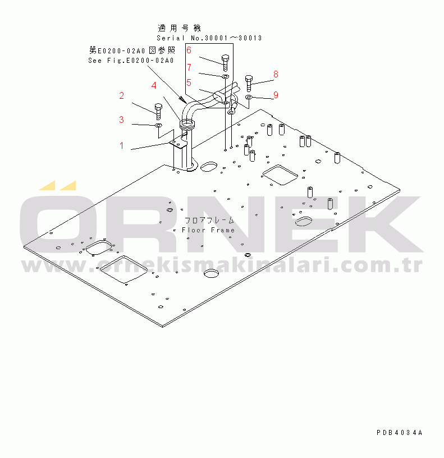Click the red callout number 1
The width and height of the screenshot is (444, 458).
tap(121, 145)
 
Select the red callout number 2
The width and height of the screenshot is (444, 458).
tap(121, 95)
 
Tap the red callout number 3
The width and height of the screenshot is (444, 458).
tap(121, 120)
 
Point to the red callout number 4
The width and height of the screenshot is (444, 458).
tap(154, 85)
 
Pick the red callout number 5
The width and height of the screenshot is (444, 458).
tap(189, 83)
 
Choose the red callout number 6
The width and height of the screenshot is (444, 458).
tap(189, 51)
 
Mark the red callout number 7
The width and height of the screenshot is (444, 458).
tap(189, 67)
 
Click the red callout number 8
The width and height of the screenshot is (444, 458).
tap(276, 75)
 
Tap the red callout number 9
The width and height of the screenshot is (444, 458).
tap(276, 95)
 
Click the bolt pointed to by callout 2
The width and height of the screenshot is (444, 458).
tap(158, 111)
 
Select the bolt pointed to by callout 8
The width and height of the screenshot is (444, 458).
tap(249, 83)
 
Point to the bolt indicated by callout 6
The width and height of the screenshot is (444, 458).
tap(225, 63)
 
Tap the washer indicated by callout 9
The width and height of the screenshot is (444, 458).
tap(249, 97)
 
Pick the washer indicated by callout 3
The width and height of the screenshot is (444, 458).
tap(158, 126)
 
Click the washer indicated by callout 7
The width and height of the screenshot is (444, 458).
tap(225, 76)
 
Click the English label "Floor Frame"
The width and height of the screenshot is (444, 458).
tap(208, 230)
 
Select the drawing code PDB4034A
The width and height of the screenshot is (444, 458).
tap(400, 433)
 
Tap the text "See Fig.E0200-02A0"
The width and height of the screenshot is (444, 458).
tap(131, 61)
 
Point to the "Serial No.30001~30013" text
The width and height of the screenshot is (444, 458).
tap(209, 38)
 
